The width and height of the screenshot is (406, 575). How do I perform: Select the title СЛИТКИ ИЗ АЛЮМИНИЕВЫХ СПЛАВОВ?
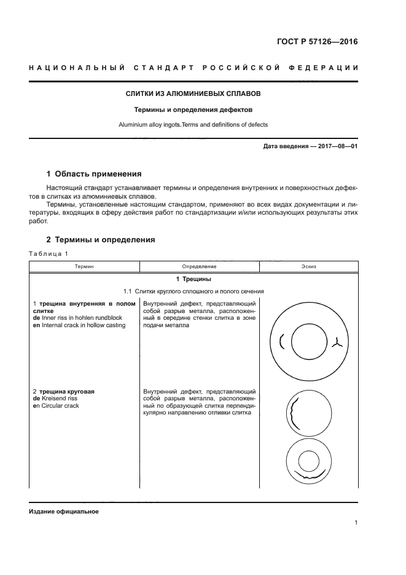click(x=193, y=94)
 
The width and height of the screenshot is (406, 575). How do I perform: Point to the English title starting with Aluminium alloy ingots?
click(x=193, y=124)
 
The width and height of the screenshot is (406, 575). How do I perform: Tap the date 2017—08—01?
click(x=335, y=146)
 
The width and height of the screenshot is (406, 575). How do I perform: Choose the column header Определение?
click(x=199, y=266)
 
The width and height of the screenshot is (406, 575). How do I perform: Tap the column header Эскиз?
click(x=309, y=266)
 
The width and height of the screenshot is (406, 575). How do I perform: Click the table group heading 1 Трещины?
click(x=193, y=279)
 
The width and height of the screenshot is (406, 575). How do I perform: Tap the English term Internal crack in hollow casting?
click(x=82, y=325)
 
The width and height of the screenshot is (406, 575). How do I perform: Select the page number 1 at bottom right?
click(x=356, y=523)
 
